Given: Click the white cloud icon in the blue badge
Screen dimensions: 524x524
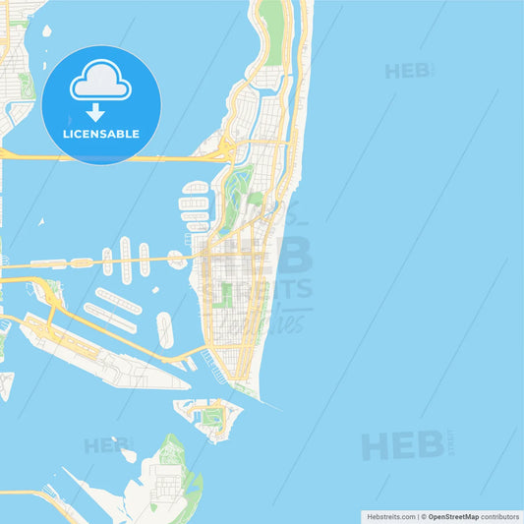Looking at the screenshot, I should (100, 82).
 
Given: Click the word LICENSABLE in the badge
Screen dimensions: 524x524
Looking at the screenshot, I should (101, 133).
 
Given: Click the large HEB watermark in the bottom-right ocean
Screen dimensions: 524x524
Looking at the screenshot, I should (404, 445).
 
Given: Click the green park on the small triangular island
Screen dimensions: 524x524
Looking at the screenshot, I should (211, 417).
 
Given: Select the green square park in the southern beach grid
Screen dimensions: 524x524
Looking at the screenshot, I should (225, 295).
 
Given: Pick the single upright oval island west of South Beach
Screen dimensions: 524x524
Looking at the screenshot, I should (165, 330).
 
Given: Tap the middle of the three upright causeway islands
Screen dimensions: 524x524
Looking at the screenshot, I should (125, 260).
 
